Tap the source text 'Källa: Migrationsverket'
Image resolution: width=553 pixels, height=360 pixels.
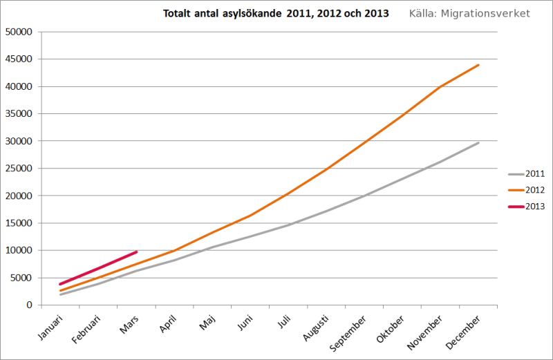coord(469,13)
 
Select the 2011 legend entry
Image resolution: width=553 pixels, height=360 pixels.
coord(527,174)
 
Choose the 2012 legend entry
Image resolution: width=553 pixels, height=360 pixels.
coord(527,190)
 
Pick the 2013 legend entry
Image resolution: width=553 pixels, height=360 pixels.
coord(527,206)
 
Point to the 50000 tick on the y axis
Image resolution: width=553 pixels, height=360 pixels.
coord(19,32)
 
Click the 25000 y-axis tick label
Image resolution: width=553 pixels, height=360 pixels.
coord(19,169)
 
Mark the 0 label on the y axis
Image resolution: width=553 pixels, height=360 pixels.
coord(30,305)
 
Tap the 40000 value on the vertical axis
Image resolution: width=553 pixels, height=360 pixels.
coord(19,86)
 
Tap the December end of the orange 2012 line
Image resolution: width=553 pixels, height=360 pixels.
coord(478,65)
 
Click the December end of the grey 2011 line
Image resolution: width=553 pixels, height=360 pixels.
coord(478,142)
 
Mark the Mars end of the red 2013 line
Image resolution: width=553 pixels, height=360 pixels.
coord(137,252)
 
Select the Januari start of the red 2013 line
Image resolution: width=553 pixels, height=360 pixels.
coord(61,284)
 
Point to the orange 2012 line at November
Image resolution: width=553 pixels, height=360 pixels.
coord(440,87)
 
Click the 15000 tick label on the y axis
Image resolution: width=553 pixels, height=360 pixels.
coord(19,223)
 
